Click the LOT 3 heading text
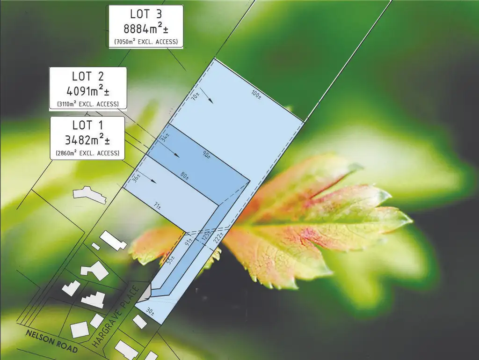click(146, 14)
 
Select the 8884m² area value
click(146, 29)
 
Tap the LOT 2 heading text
click(88, 76)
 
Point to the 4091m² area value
click(88, 91)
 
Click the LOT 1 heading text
click(87, 125)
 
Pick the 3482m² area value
click(87, 140)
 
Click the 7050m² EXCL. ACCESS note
click(146, 41)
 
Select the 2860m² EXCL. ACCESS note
click(87, 153)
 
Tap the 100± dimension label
click(256, 95)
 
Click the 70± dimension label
click(195, 96)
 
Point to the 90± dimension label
click(207, 155)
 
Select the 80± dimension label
click(184, 176)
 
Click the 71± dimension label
click(157, 206)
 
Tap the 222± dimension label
click(218, 238)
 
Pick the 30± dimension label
click(150, 311)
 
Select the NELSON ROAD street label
click(51, 341)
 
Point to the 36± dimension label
click(137, 178)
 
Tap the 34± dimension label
click(165, 138)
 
